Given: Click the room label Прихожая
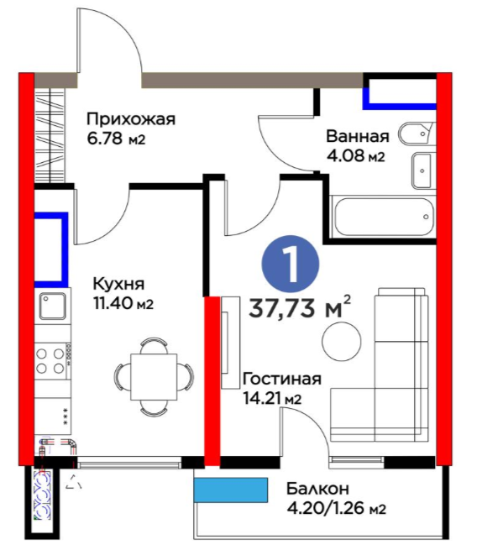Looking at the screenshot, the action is click(130, 119).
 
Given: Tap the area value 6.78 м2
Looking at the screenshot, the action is click(116, 139).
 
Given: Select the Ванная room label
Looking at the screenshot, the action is click(358, 136).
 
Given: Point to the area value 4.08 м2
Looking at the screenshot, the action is click(355, 155).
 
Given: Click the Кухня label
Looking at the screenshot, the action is click(118, 284).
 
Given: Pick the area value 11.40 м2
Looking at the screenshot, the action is click(123, 303).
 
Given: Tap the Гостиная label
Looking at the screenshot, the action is click(281, 380).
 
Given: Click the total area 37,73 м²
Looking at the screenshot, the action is click(300, 308).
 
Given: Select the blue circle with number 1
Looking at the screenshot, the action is click(291, 265).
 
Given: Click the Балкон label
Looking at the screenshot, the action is click(317, 489).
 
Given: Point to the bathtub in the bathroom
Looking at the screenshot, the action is click(384, 217).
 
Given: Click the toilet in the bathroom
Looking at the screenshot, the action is click(417, 134).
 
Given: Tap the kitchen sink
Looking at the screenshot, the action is click(53, 306).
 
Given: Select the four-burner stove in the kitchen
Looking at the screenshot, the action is click(53, 360).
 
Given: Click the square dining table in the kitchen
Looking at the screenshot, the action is click(154, 377).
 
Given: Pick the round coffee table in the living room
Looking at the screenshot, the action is click(342, 341).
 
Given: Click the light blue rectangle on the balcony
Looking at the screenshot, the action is click(230, 490).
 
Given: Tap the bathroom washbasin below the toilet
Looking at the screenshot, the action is click(423, 170).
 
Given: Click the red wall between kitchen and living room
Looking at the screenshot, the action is click(212, 381).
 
